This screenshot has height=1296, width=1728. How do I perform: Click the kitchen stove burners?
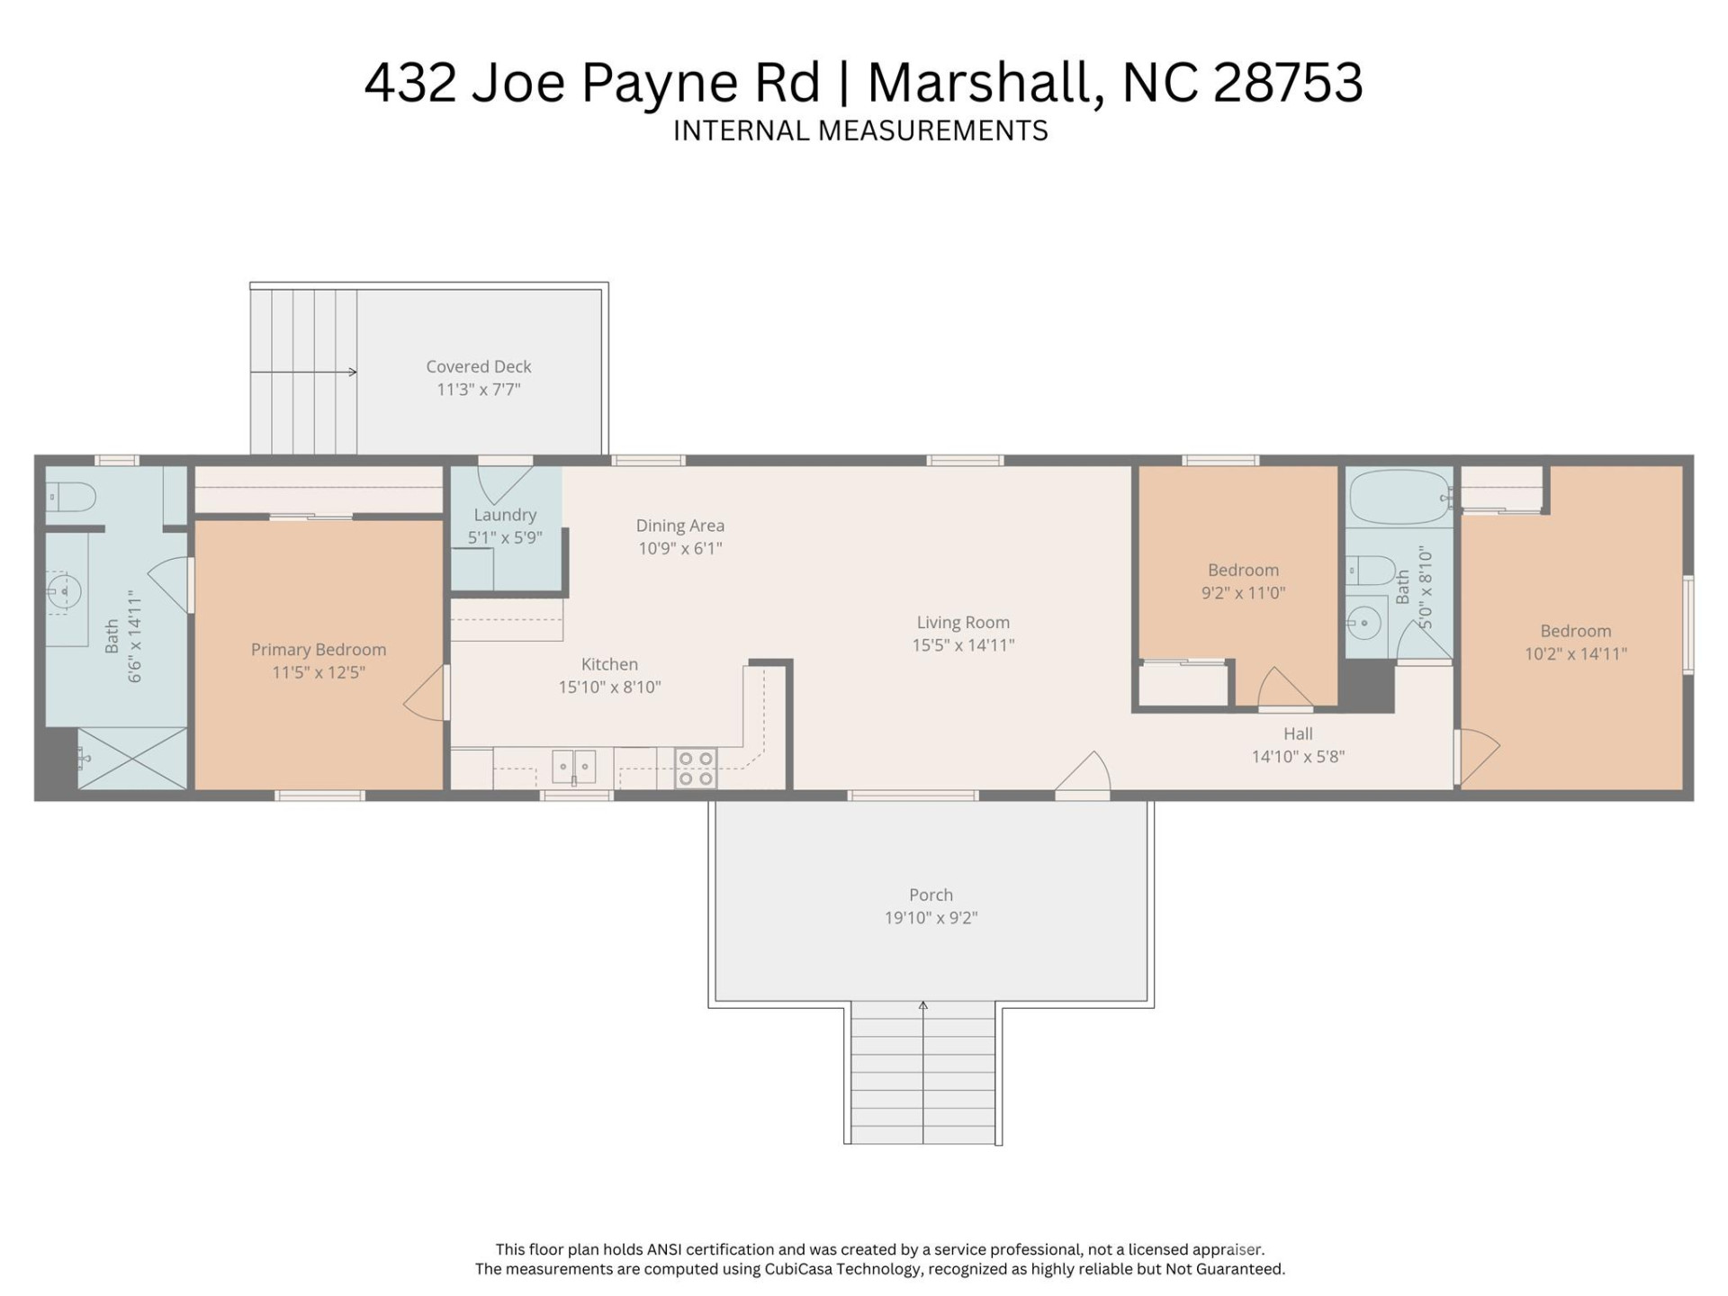696,768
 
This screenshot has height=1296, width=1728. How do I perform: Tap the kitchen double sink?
573,767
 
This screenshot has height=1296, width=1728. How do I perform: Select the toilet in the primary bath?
73,496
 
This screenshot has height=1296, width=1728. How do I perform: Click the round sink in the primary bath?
65,592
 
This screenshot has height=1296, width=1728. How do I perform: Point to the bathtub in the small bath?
1399,497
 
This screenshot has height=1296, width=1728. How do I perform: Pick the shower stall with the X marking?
132,759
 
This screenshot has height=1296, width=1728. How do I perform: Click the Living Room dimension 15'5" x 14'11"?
963,645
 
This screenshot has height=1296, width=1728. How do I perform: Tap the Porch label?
931,895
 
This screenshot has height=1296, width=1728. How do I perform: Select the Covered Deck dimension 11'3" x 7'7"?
479,390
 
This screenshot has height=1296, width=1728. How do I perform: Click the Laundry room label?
505,515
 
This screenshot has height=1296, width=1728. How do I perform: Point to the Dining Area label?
679,526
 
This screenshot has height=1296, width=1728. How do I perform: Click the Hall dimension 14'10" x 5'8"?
1298,757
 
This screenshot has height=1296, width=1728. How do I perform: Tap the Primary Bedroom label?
319,650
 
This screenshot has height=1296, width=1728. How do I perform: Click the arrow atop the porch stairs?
922,1006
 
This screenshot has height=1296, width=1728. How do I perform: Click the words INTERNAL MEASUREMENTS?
860,131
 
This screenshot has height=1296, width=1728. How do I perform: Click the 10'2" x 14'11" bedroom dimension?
1575,654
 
